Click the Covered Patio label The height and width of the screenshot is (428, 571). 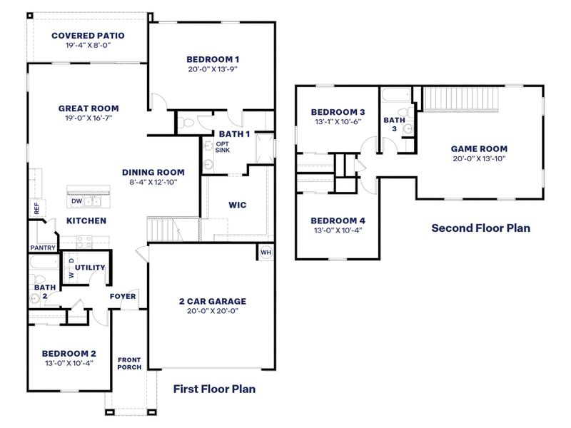88,35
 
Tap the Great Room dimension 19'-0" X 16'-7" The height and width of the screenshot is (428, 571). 88,118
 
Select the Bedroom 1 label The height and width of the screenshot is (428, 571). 212,59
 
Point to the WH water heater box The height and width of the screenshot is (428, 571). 266,253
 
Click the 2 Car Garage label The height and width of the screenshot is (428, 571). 212,301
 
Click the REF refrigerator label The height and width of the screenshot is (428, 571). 36,208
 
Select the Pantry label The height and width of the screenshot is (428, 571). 43,248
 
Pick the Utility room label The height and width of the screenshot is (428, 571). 91,267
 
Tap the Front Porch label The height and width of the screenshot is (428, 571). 129,363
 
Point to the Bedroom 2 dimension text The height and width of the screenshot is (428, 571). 69,363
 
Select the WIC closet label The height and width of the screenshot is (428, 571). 237,205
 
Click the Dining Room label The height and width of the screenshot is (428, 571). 153,172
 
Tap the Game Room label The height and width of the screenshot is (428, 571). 479,149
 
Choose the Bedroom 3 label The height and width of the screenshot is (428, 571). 338,112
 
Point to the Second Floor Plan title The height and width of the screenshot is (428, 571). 480,228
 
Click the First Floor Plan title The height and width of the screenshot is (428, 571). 214,389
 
